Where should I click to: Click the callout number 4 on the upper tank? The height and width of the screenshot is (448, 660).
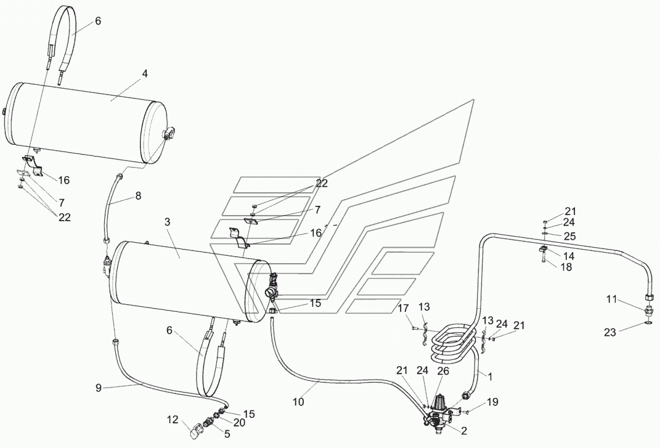click(x=145, y=74)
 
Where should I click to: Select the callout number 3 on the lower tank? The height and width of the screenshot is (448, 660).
click(x=168, y=222)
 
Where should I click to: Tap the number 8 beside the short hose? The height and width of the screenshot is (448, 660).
click(x=138, y=196)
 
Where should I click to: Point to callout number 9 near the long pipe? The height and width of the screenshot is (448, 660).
click(x=99, y=388)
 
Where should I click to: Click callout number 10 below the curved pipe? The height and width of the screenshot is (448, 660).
click(x=298, y=402)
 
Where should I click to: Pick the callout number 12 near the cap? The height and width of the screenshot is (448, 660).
click(x=173, y=420)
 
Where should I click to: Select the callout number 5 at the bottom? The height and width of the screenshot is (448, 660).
click(x=227, y=434)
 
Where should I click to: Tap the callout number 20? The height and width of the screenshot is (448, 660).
click(x=239, y=422)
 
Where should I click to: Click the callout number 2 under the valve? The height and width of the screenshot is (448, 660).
click(x=464, y=431)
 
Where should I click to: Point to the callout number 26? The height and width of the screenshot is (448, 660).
click(x=443, y=371)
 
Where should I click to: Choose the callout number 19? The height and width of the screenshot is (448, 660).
click(x=493, y=402)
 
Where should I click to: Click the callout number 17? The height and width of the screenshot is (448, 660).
click(x=403, y=309)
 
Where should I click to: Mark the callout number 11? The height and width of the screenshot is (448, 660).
click(x=611, y=299)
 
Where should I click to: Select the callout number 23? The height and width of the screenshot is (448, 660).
click(x=610, y=332)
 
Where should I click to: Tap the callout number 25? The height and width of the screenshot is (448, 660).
click(x=569, y=236)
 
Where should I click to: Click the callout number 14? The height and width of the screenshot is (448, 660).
click(x=569, y=256)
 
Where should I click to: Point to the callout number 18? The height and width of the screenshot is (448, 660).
click(x=566, y=267)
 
